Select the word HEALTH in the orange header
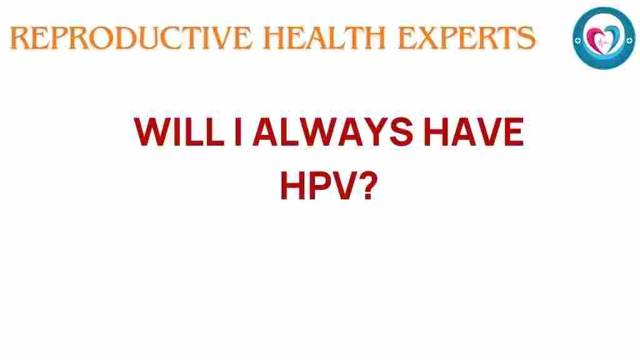[324, 38]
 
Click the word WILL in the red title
[179, 132]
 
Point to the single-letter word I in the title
[238, 132]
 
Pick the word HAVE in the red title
[474, 132]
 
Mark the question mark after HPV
[369, 186]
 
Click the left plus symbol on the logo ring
[577, 41]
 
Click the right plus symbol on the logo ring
[629, 40]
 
